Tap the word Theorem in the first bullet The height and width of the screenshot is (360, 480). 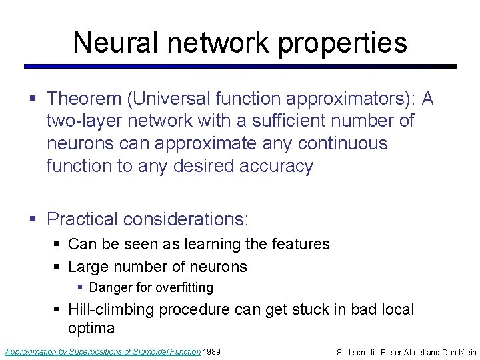(87, 99)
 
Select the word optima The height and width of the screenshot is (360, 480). (91, 328)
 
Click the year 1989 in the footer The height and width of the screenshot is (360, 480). (212, 351)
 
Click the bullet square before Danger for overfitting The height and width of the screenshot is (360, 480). (80, 288)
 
